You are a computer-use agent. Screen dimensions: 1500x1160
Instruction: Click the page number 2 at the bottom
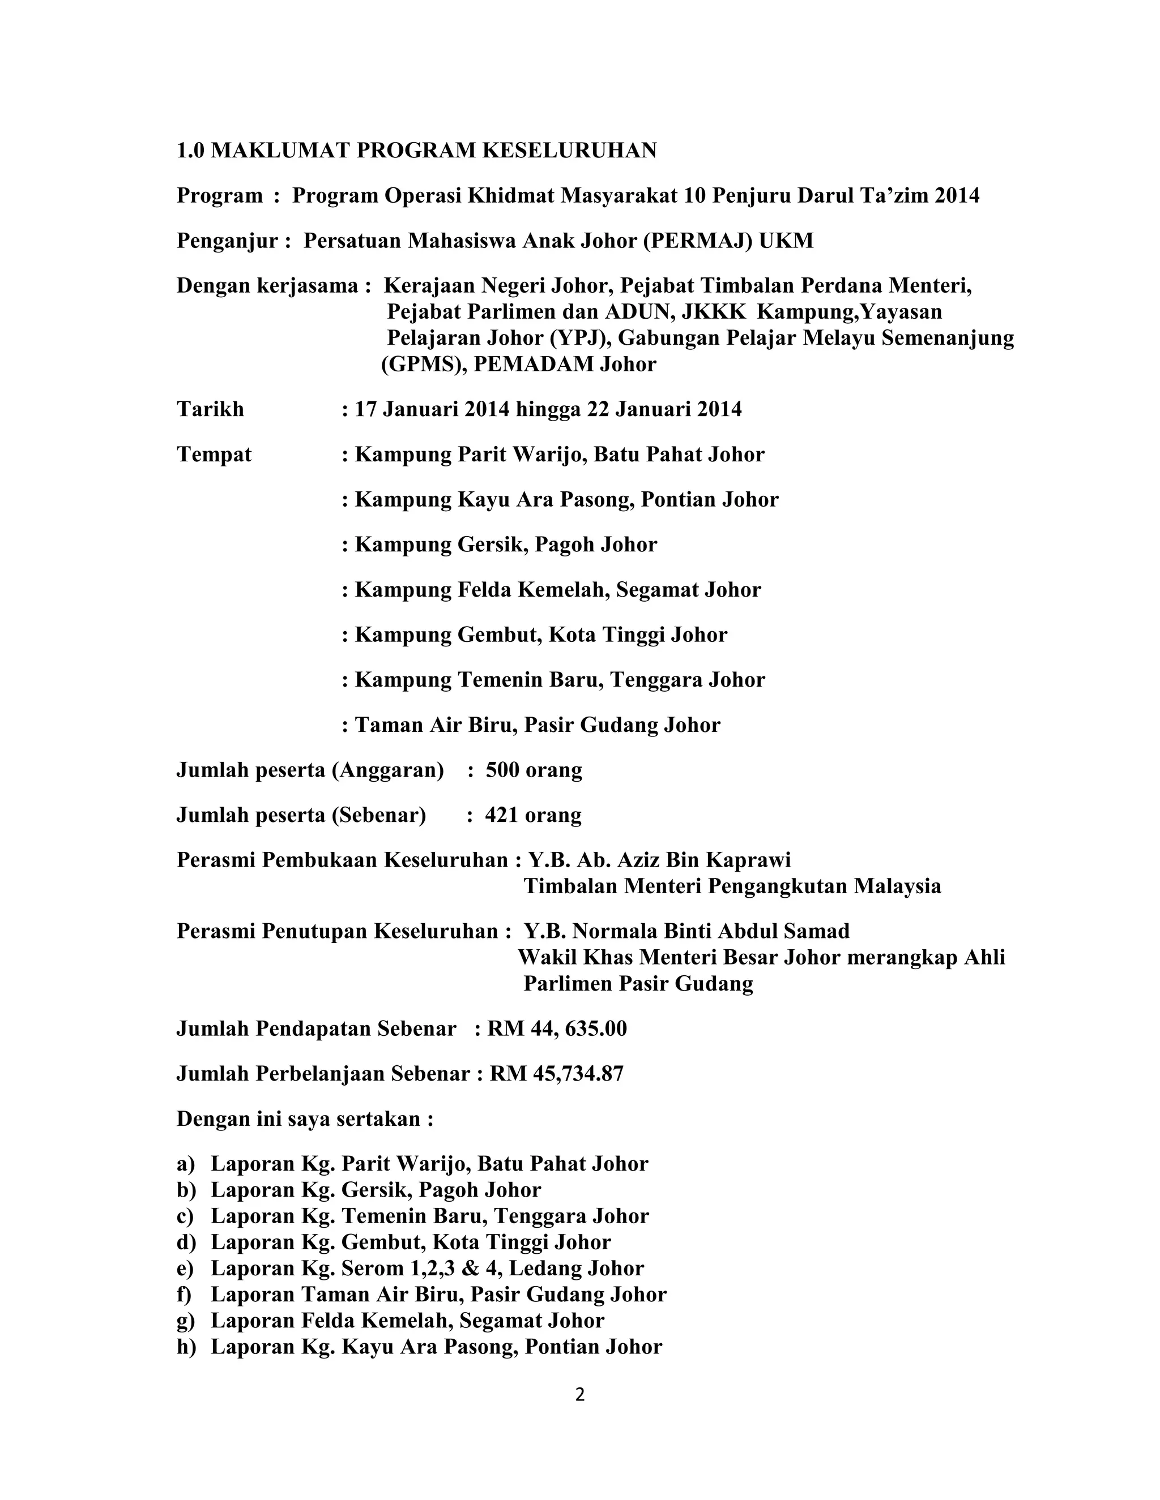click(x=579, y=1394)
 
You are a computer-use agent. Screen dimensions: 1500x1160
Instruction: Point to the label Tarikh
click(x=210, y=409)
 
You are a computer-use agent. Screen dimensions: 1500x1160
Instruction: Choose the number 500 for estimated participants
click(x=502, y=770)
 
